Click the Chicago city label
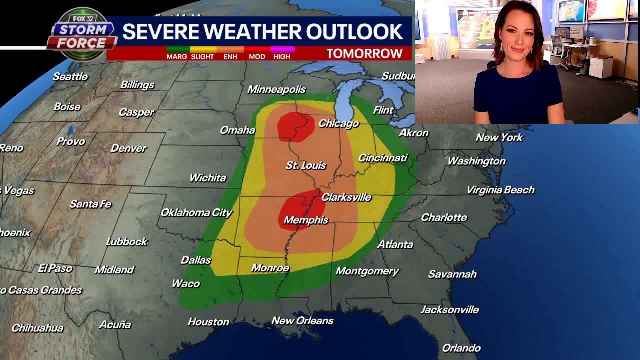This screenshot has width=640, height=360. [338, 123]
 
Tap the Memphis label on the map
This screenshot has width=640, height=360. [306, 220]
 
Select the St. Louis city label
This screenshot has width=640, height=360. [306, 165]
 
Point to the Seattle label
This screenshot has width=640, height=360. [70, 77]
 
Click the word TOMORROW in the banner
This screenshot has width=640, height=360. [364, 53]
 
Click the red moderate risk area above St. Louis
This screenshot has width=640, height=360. [295, 126]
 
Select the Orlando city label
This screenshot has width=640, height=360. [461, 348]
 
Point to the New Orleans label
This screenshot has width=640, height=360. [302, 321]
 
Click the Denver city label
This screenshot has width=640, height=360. [128, 148]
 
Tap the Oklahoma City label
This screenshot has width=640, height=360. [196, 213]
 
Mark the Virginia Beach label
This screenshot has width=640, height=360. [500, 190]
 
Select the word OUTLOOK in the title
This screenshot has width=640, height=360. [354, 32]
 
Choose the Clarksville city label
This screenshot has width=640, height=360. [346, 197]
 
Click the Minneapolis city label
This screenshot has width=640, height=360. [276, 89]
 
